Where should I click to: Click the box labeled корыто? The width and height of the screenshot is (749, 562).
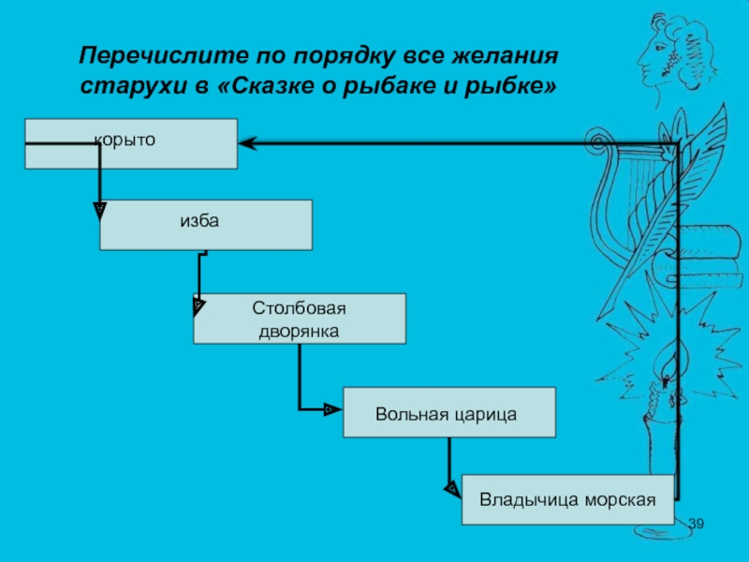point(131,143)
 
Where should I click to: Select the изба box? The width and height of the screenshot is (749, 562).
point(206,225)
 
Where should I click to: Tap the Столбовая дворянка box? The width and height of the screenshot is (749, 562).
point(300,318)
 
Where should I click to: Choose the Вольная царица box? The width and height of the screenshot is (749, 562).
point(449,412)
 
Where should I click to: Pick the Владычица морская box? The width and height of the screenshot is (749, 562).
point(567,498)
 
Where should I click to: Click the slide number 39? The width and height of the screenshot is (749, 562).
point(697,523)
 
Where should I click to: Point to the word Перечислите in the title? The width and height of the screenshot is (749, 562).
point(150,54)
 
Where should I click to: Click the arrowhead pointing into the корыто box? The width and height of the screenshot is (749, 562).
point(246,143)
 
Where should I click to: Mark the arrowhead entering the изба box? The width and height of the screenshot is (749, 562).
point(100,210)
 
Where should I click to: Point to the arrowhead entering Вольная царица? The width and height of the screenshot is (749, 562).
point(330,409)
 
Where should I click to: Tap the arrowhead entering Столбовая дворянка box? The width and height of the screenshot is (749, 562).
point(198,304)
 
